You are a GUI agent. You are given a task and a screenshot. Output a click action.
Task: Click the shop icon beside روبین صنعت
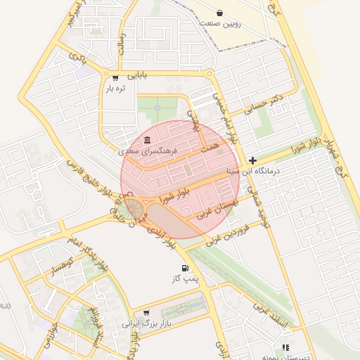pos(220,13)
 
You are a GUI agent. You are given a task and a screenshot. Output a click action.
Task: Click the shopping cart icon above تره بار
pos(115,77)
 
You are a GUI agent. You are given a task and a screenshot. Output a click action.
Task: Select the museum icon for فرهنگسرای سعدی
pos(147,140)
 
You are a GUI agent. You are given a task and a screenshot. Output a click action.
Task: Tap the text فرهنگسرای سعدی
pos(148,151)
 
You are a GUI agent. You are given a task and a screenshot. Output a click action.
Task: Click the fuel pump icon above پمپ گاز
pos(186,268)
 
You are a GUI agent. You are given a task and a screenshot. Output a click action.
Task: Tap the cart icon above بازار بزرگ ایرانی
pos(146,313)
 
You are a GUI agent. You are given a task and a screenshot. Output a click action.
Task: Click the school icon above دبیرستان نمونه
pos(285,347)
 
